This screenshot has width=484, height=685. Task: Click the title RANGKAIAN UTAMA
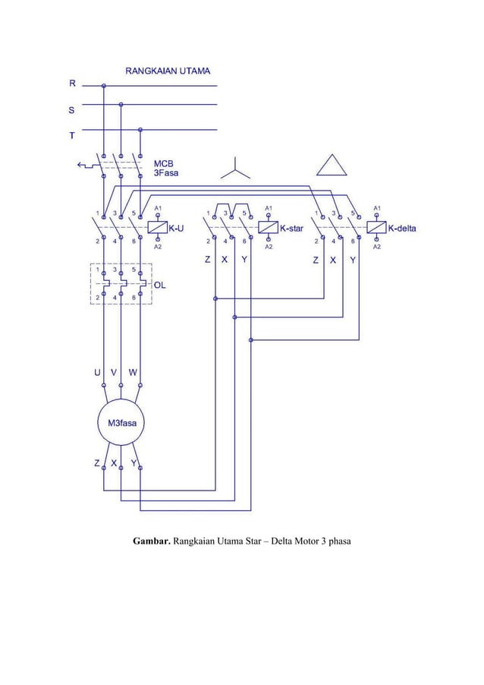[168, 70]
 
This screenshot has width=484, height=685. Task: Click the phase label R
[73, 85]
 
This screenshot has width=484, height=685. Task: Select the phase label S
[72, 110]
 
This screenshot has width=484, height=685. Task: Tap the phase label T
[72, 136]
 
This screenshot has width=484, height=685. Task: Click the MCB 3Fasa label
[167, 168]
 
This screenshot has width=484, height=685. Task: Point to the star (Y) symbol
[235, 169]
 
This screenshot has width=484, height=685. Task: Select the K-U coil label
[176, 227]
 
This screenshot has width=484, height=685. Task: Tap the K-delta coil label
[407, 227]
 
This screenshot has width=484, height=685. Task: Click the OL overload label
[160, 285]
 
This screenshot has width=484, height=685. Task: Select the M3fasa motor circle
[121, 424]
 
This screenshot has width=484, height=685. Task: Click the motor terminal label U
[97, 372]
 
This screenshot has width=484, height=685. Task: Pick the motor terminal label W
[133, 372]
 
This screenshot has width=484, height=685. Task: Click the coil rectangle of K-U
[157, 227]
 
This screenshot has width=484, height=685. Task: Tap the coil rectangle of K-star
[269, 227]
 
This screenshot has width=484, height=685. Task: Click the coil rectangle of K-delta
[377, 227]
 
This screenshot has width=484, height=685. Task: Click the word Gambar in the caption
[152, 541]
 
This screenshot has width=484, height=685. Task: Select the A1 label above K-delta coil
[377, 207]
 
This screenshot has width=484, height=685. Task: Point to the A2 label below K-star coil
[269, 247]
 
